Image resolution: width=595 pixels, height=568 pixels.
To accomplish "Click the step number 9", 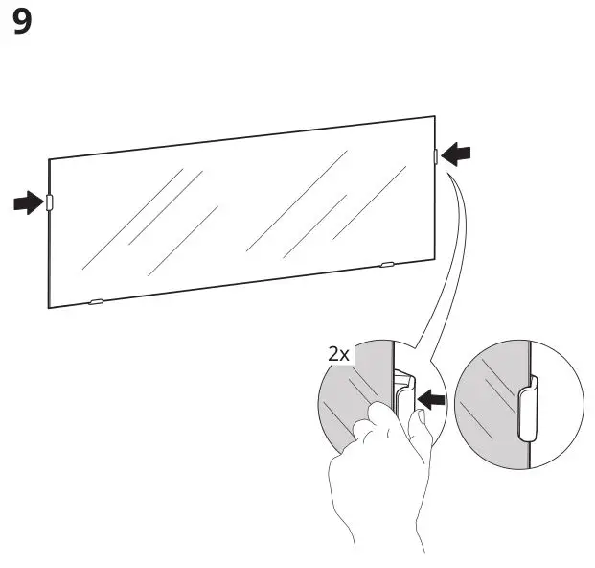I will tap(21, 22).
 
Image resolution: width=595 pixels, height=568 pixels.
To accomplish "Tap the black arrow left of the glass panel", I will tap(28, 202).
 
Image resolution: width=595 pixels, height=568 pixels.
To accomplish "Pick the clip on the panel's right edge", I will tap(436, 154).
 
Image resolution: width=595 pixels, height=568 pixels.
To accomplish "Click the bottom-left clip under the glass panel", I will tap(95, 301).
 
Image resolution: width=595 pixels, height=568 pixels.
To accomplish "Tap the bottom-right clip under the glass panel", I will tap(387, 264).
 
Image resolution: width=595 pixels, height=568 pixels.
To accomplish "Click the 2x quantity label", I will tap(338, 354).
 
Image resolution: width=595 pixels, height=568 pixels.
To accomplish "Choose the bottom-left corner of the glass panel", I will tap(50, 308).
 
